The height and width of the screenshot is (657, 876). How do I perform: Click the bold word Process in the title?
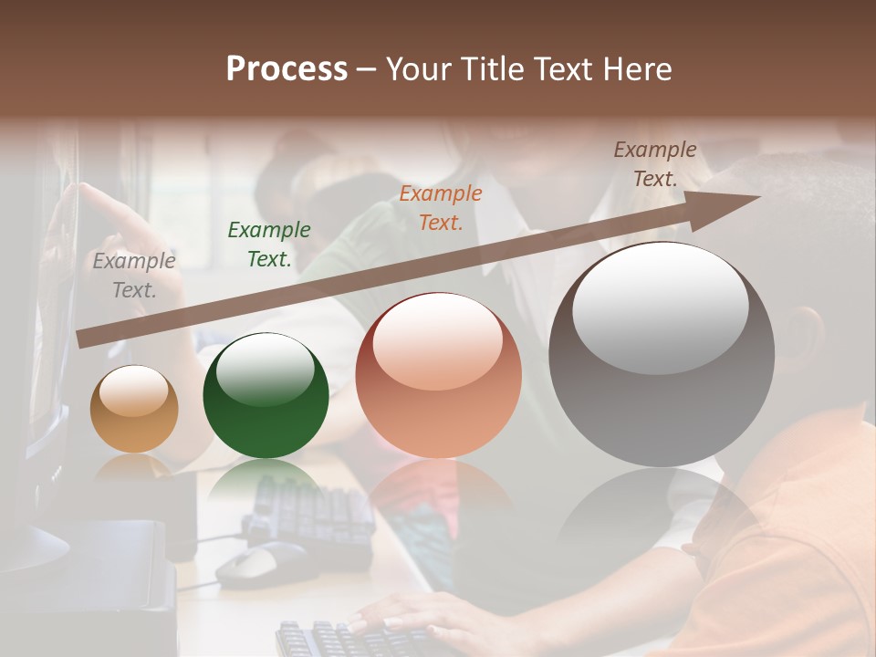click(x=287, y=69)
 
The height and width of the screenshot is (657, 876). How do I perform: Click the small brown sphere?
click(x=134, y=410)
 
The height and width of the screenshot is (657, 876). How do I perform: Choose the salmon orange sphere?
click(x=438, y=376)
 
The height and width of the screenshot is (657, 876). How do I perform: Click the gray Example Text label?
click(x=134, y=276)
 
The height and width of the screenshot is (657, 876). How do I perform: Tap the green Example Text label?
click(x=269, y=245)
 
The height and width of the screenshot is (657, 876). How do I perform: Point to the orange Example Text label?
click(x=441, y=207)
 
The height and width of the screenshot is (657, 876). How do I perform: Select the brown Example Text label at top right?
click(x=654, y=164)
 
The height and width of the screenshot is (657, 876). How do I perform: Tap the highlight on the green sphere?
click(x=266, y=368)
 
